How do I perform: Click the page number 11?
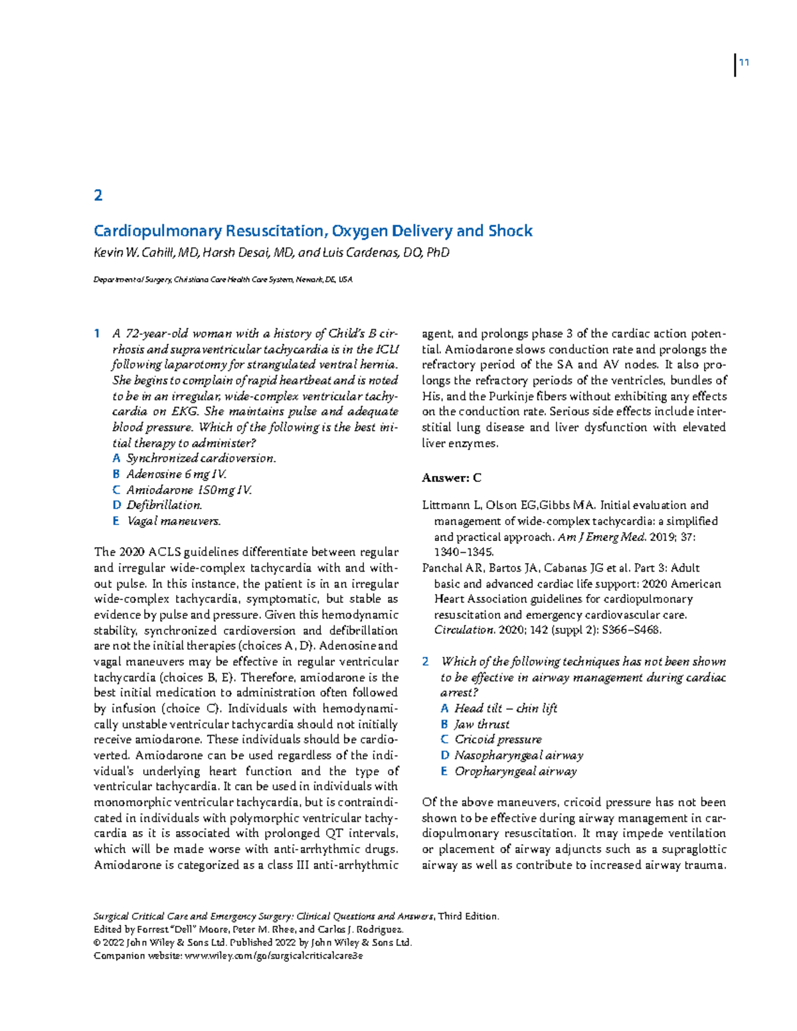(x=744, y=63)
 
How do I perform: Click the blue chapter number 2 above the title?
(x=98, y=195)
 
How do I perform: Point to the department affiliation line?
(x=223, y=280)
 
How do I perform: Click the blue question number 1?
(x=97, y=333)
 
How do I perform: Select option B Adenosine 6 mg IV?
(x=176, y=474)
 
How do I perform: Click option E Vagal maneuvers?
(x=173, y=521)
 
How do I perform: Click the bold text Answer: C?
(x=452, y=478)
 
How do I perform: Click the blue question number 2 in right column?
(x=426, y=662)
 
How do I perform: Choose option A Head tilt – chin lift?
(x=505, y=708)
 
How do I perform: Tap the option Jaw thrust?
(x=482, y=724)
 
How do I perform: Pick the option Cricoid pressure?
(x=497, y=740)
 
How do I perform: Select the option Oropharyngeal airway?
(x=515, y=771)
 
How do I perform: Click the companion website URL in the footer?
(x=274, y=956)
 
